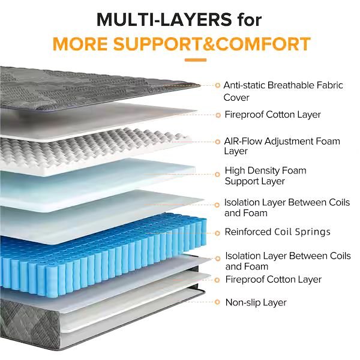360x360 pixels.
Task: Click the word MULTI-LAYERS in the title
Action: (164, 20)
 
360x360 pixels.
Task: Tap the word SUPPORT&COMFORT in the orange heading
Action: (212, 44)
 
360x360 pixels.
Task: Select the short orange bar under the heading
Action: (196, 60)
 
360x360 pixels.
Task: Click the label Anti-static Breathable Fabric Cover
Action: (283, 91)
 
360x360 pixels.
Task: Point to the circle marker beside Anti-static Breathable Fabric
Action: (217, 85)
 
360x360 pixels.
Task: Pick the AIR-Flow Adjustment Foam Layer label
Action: (282, 146)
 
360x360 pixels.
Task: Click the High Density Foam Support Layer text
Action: (265, 176)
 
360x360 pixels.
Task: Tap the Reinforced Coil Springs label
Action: (277, 232)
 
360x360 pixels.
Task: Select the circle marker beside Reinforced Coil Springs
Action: (217, 233)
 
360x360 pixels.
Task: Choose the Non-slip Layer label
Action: (256, 302)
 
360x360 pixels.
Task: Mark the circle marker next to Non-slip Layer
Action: (217, 302)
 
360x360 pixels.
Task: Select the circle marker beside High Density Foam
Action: (217, 175)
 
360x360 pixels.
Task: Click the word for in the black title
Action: (250, 20)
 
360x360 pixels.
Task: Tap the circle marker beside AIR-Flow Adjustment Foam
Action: (217, 142)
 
